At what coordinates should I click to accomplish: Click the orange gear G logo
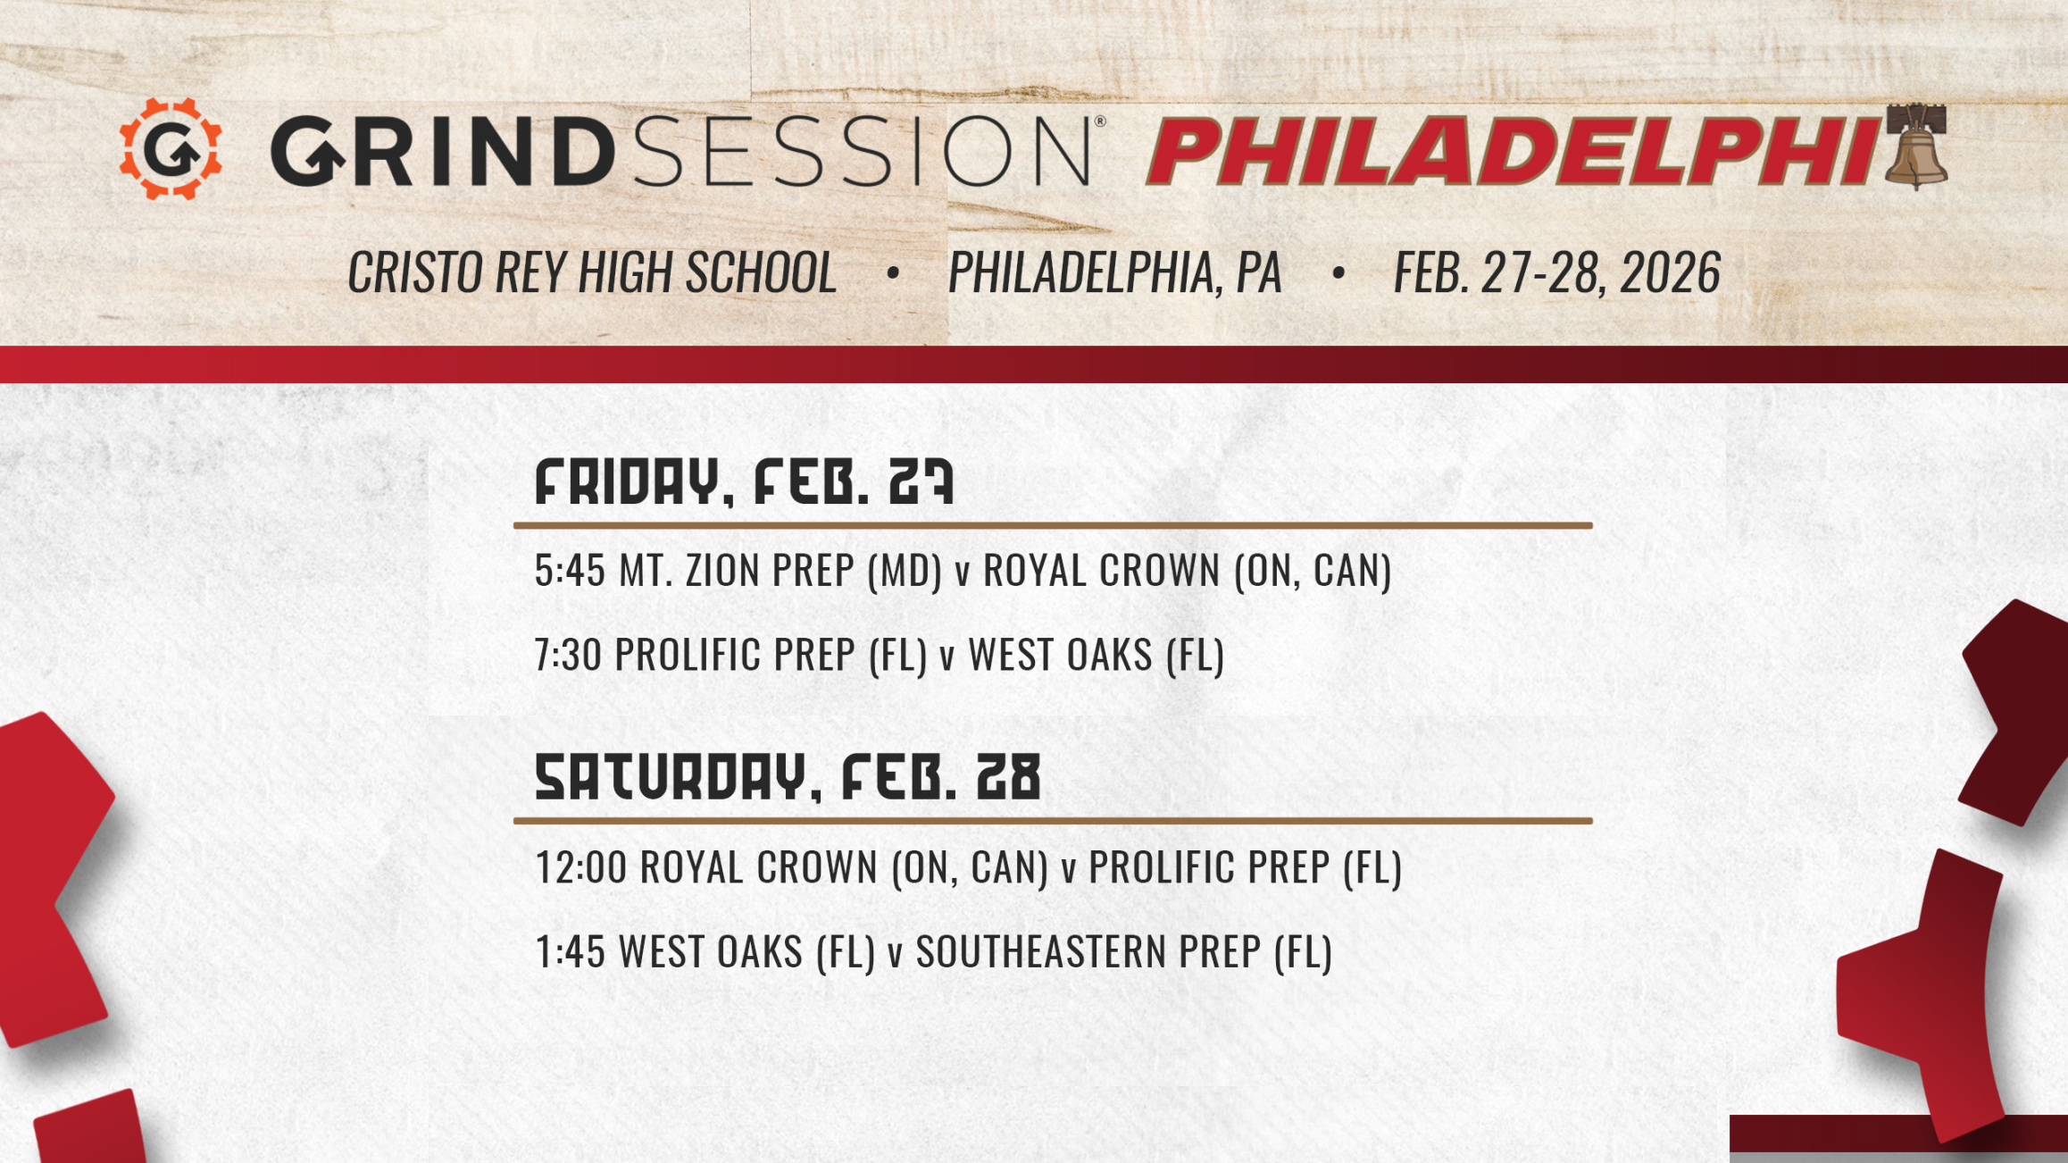[171, 149]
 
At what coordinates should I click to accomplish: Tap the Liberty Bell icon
[1916, 147]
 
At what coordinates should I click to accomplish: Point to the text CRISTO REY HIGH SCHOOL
[592, 272]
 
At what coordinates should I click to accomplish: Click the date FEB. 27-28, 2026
[1556, 272]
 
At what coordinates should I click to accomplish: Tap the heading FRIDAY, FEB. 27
[744, 482]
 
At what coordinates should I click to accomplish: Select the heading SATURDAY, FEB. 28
[788, 777]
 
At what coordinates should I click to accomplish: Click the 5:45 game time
[570, 571]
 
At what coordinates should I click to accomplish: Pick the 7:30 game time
[568, 655]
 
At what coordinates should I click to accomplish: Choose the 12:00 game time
[580, 867]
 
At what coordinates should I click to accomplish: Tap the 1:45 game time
[570, 951]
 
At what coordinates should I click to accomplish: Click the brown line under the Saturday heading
[1052, 820]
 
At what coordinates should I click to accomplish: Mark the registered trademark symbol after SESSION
[1100, 121]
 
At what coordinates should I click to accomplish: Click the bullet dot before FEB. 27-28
[1338, 272]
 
